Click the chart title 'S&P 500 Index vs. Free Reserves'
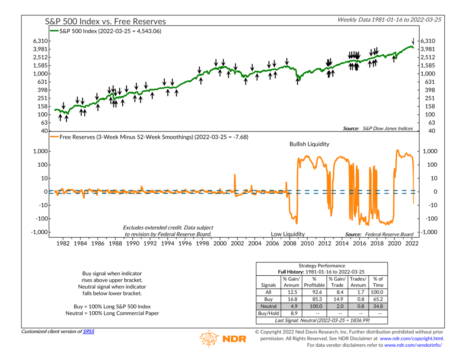coord(105,21)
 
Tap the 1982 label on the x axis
coord(63,243)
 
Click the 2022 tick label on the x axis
coord(412,243)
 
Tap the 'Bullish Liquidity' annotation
coord(309,144)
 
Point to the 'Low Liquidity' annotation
coord(288,234)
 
